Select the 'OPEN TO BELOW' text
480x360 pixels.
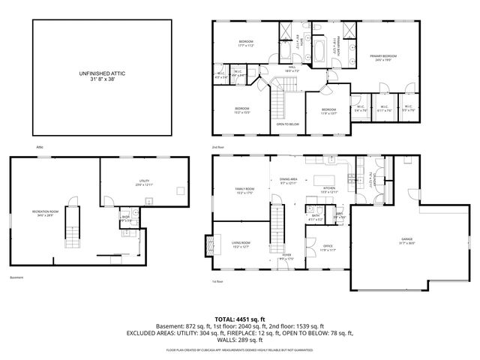[x=288, y=124]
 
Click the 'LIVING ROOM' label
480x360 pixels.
[x=241, y=243]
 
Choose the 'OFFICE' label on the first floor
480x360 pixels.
[x=328, y=246]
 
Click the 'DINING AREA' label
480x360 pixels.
[x=289, y=179]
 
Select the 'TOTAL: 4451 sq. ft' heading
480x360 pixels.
[x=240, y=319]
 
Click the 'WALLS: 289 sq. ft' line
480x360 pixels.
[x=240, y=341]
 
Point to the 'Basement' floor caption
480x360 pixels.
[x=16, y=278]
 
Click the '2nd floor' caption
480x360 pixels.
[x=218, y=147]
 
